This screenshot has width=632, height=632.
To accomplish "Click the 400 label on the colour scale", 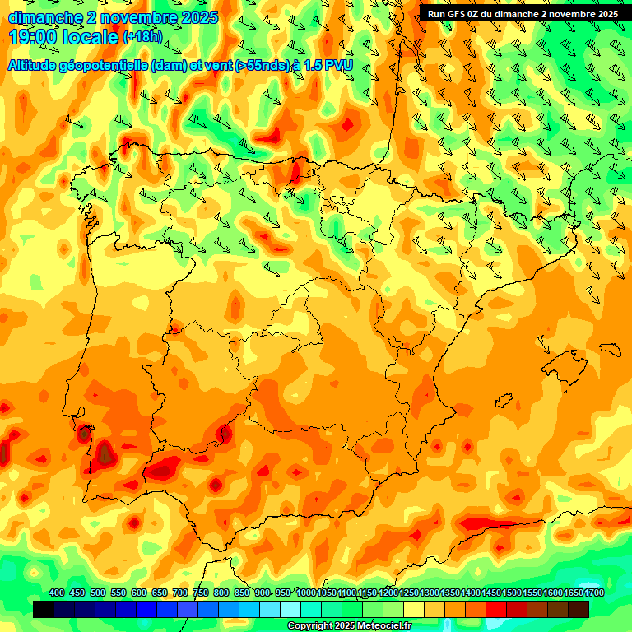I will coord(57,592).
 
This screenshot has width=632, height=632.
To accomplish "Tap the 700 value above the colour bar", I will coord(180,592).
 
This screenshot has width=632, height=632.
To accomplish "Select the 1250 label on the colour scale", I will coord(408,592).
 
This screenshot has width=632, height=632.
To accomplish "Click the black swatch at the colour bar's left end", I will coord(44,610).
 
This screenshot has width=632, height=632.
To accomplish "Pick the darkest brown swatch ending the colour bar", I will coord(579,610).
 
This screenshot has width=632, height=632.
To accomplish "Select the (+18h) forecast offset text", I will coord(143,37).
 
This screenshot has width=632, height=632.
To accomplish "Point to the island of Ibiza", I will coord(504,400).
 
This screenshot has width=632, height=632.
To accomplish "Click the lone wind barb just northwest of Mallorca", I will coord(544,345).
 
